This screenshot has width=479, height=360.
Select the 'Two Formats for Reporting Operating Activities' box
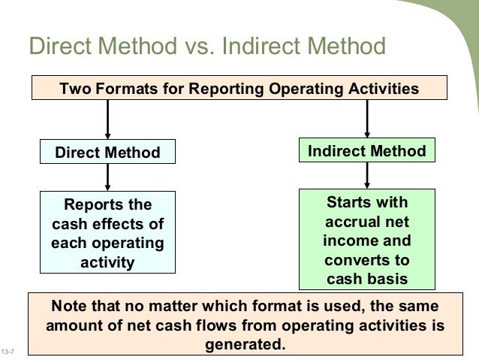tap(239, 89)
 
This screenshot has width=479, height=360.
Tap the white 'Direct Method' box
tap(108, 153)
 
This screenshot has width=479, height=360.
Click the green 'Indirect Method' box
tap(366, 151)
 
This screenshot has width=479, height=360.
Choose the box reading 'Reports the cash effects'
tap(108, 233)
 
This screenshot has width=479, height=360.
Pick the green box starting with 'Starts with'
tap(366, 240)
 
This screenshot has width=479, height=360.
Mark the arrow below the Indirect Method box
tap(366, 176)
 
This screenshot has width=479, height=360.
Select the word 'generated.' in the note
tap(245, 346)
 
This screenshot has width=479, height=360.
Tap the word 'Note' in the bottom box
tap(69, 308)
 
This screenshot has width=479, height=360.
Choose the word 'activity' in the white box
tap(108, 262)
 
